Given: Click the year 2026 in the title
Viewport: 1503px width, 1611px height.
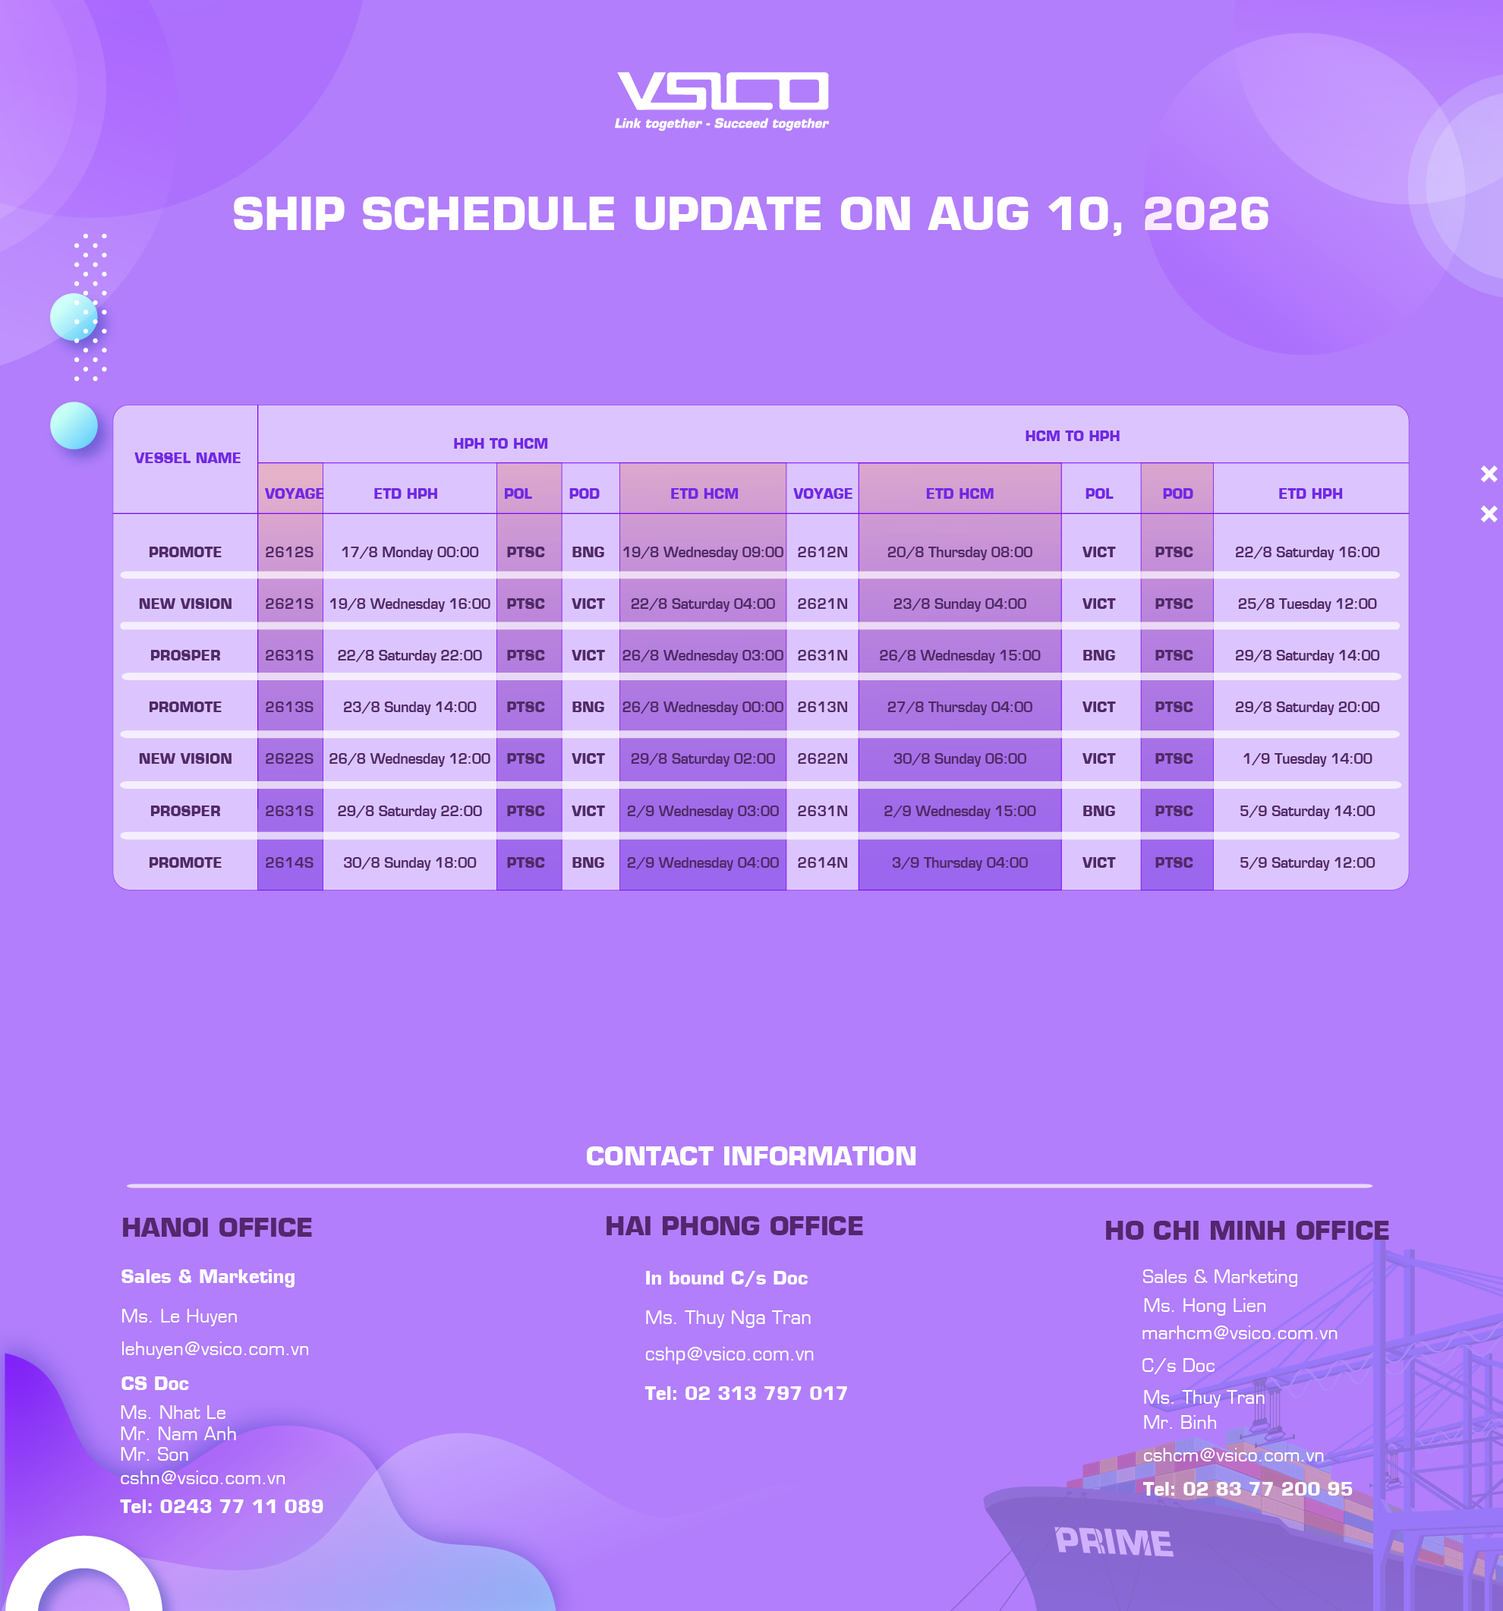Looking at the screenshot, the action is click(x=1205, y=214).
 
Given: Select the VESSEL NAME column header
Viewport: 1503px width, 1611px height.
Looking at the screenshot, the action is click(x=187, y=458).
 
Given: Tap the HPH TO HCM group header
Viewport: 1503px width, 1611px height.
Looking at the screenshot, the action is click(x=501, y=443).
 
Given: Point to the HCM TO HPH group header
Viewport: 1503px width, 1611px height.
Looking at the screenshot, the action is click(x=1072, y=436).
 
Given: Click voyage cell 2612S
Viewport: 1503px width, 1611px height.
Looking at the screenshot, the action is click(x=289, y=552).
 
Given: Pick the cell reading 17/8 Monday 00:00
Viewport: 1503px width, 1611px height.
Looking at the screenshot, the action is click(x=409, y=552).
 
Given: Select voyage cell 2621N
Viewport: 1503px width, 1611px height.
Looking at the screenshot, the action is click(x=822, y=604).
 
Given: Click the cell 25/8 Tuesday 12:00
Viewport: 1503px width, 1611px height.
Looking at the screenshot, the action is click(x=1307, y=604).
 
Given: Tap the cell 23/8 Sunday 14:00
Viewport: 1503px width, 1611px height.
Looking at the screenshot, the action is click(x=409, y=707).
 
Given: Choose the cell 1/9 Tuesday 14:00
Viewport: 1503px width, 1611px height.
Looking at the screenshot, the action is click(x=1307, y=758).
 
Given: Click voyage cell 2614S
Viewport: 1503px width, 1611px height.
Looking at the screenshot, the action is click(x=289, y=862).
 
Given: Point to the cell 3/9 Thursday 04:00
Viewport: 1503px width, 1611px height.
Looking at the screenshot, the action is click(x=959, y=862).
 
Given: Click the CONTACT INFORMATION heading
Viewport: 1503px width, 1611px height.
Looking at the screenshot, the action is click(x=751, y=1155).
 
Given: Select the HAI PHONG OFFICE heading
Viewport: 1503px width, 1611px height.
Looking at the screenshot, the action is click(x=734, y=1226).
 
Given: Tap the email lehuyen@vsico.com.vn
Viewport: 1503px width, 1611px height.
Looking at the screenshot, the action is click(x=215, y=1349).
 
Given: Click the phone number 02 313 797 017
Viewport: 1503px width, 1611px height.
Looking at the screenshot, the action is click(x=766, y=1393).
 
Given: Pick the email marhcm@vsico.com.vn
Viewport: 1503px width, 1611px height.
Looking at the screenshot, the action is click(x=1239, y=1333).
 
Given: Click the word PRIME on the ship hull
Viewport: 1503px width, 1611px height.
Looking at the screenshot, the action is click(x=1114, y=1542).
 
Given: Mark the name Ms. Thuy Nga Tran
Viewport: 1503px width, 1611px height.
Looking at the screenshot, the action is click(x=728, y=1318).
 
